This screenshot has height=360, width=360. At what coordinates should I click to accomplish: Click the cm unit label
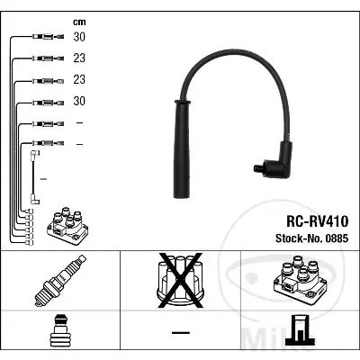click(79, 22)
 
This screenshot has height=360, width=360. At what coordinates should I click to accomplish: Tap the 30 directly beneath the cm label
click(79, 37)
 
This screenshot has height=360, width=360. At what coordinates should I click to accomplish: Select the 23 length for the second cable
click(79, 58)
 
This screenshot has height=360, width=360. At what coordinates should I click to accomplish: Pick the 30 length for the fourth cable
click(79, 101)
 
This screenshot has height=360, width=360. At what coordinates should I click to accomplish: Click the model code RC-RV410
click(318, 221)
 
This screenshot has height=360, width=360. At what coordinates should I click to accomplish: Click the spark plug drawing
click(60, 281)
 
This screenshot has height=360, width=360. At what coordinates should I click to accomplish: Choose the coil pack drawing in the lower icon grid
click(300, 280)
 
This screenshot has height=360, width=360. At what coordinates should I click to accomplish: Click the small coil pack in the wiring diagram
click(67, 226)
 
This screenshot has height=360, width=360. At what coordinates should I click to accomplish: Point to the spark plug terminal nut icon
click(60, 330)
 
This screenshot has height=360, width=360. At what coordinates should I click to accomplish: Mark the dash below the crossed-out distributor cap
click(181, 332)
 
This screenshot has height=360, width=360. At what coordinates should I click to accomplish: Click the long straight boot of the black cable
click(182, 149)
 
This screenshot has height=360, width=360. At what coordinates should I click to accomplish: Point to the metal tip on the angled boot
click(258, 168)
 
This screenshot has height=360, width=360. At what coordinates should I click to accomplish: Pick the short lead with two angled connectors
click(33, 177)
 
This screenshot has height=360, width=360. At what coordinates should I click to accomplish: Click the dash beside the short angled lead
click(43, 179)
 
